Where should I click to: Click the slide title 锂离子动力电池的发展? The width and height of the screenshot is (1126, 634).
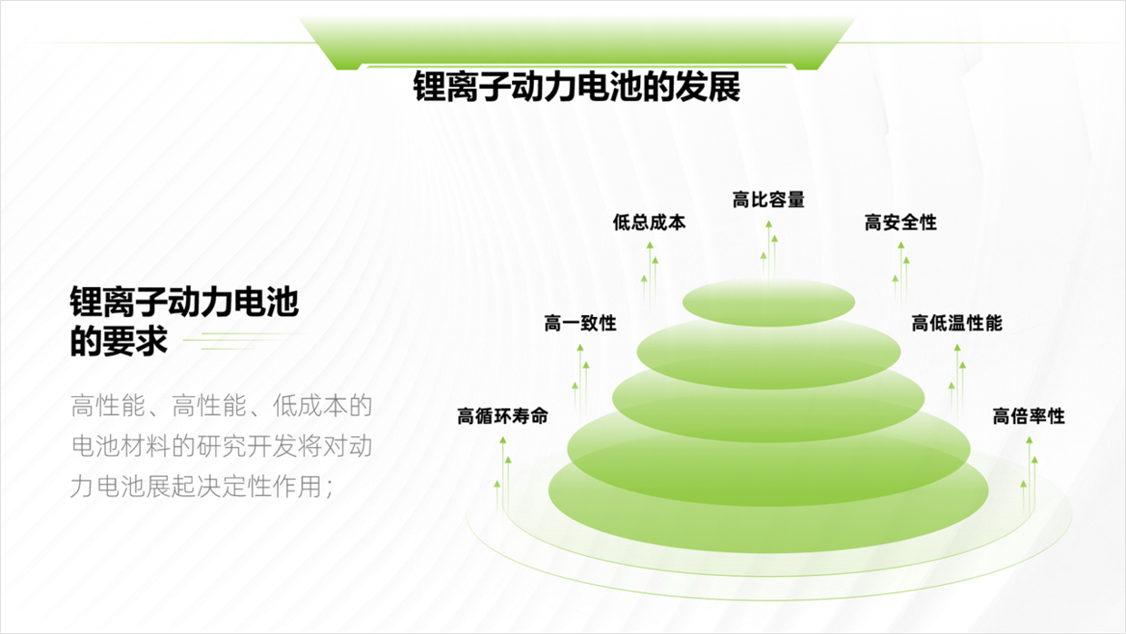point(577,87)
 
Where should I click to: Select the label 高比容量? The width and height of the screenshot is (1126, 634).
point(768,200)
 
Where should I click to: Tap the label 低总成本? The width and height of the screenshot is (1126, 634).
point(649,223)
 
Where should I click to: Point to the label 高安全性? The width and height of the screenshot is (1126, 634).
point(900,223)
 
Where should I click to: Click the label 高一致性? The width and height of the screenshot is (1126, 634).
point(580,322)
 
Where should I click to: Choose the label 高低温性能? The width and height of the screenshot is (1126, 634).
point(956,322)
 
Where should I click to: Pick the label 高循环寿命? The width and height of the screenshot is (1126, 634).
point(502,416)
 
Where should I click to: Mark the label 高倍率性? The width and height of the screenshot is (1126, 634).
point(1029,416)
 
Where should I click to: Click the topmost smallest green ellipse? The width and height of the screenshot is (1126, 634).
point(768,302)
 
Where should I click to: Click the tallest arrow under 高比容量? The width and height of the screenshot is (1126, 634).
point(768,251)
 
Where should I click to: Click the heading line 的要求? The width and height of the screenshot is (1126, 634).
point(119,341)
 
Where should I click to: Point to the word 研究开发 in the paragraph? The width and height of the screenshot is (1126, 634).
point(246,447)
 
